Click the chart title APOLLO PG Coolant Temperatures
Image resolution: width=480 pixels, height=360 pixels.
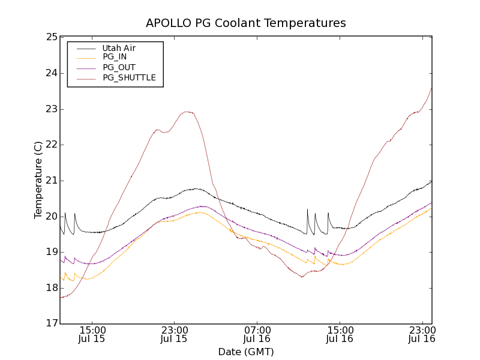tap(246, 23)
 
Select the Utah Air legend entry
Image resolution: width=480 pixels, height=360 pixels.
tap(119, 47)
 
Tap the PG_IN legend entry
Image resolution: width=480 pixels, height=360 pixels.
tap(115, 57)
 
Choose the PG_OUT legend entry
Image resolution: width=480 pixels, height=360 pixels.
tap(119, 67)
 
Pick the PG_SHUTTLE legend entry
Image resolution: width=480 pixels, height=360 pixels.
tap(129, 77)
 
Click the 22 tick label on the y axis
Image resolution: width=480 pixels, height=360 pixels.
tap(51, 145)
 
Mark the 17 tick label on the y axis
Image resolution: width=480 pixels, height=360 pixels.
tap(51, 323)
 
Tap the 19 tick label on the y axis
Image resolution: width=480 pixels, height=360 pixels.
tap(51, 252)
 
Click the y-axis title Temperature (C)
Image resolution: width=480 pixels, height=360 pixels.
tap(38, 180)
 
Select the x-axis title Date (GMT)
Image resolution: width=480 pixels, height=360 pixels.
tap(246, 352)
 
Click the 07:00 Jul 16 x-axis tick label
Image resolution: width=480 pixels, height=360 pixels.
tap(257, 334)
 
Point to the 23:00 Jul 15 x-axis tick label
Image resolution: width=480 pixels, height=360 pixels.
tap(174, 334)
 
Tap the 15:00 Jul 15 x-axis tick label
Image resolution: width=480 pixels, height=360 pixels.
tap(92, 334)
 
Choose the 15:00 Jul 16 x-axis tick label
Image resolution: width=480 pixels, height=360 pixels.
tap(340, 334)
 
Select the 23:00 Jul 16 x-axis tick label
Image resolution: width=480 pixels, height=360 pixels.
tap(422, 334)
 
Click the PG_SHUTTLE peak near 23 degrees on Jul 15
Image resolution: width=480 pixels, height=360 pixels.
tap(187, 112)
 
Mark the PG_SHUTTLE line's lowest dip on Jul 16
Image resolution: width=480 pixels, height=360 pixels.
tap(302, 277)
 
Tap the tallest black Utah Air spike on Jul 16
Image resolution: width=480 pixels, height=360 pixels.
tap(307, 209)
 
